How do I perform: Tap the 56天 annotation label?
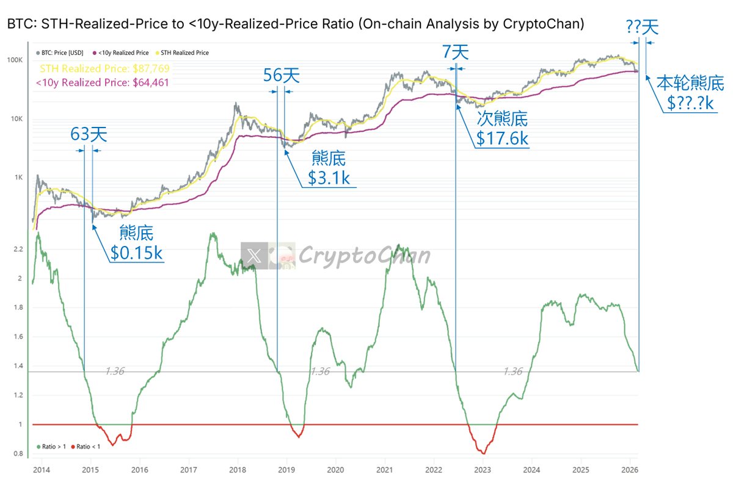point(282,76)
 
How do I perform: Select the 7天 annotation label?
point(454,52)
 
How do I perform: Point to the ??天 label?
point(642,27)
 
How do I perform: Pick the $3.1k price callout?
point(329,178)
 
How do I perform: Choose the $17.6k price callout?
point(502,138)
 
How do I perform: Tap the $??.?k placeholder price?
point(690,103)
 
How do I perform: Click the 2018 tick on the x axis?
point(238,470)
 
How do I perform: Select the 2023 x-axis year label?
point(483,470)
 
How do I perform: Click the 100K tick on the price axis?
point(15,60)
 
